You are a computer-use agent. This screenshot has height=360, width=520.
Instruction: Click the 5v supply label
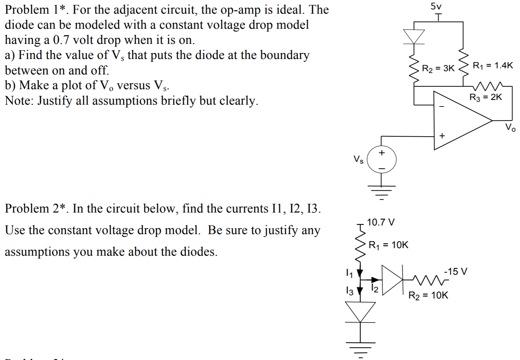point(436,6)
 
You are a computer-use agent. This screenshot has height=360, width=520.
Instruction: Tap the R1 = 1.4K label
point(493,65)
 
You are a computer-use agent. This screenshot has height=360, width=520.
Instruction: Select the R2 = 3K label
point(438,68)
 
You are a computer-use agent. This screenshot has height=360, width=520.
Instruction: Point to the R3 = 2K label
point(485,97)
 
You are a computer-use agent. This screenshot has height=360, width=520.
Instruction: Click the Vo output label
point(510,127)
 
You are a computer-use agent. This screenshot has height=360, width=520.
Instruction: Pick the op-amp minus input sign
point(442,106)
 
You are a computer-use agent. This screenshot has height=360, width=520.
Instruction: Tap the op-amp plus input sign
point(442,136)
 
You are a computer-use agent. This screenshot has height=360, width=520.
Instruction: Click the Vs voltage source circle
point(382,160)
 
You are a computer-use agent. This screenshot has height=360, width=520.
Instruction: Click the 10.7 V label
point(381,222)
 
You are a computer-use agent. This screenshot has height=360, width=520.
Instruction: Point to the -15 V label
point(456,271)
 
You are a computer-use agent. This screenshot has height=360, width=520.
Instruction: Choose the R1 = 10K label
point(389,245)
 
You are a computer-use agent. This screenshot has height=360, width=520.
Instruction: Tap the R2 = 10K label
point(428,295)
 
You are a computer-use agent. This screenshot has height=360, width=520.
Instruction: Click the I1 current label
point(348,273)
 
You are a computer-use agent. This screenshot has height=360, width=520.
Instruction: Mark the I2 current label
point(374,288)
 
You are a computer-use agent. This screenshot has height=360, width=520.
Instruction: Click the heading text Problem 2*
point(36,209)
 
